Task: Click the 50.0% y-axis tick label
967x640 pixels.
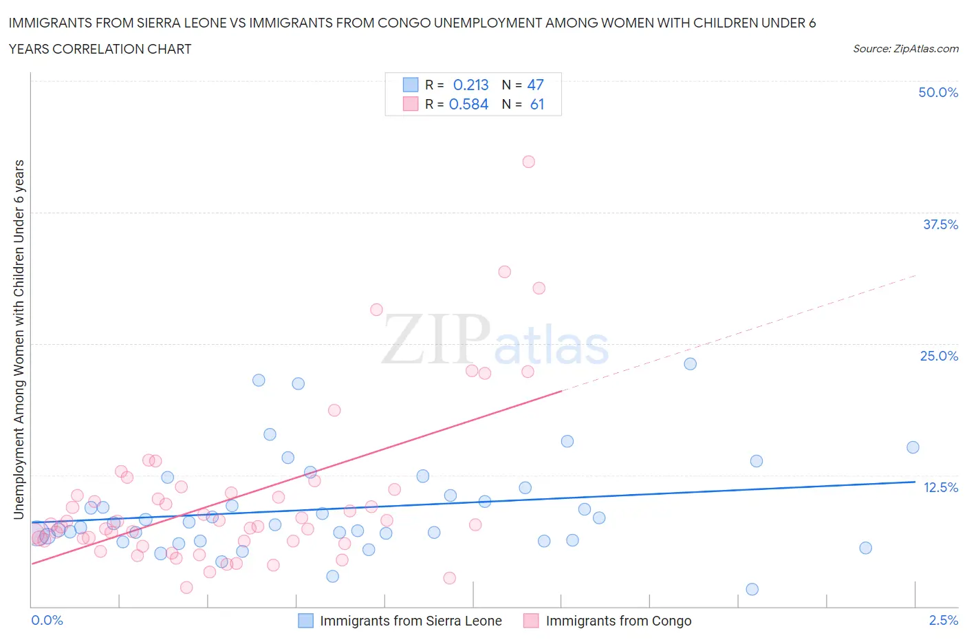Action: pyautogui.click(x=938, y=92)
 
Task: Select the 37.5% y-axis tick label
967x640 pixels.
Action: pyautogui.click(x=940, y=224)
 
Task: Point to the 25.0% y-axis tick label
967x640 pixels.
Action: pyautogui.click(x=939, y=356)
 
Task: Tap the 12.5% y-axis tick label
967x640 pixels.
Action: pyautogui.click(x=940, y=487)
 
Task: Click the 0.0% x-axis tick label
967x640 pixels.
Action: pyautogui.click(x=47, y=620)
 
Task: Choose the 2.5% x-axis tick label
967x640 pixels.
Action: pyautogui.click(x=943, y=620)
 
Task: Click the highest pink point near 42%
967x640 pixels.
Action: pyautogui.click(x=528, y=162)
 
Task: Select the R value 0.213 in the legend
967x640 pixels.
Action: pyautogui.click(x=470, y=85)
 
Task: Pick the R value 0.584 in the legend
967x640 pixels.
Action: pyautogui.click(x=468, y=104)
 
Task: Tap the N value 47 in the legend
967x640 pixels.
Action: pyautogui.click(x=535, y=85)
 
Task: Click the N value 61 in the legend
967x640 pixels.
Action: pyautogui.click(x=537, y=104)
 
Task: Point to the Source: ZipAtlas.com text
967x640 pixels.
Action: pyautogui.click(x=905, y=48)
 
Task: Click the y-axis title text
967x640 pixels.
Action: pyautogui.click(x=19, y=339)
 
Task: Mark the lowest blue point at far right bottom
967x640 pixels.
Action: pyautogui.click(x=752, y=589)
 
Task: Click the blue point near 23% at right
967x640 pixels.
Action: pyautogui.click(x=690, y=363)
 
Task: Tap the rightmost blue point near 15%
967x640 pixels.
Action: pyautogui.click(x=913, y=447)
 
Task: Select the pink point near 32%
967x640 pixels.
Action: pyautogui.click(x=504, y=272)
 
